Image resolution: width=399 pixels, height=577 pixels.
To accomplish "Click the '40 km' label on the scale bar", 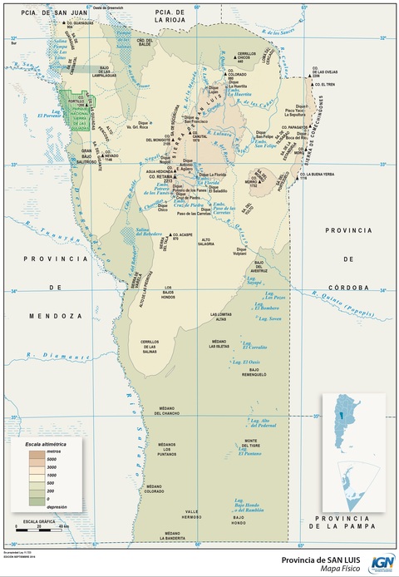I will (62, 528).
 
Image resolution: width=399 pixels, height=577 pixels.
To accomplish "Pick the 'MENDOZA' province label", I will (49, 316).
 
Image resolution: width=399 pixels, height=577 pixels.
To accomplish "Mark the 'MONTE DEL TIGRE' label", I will (252, 444).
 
